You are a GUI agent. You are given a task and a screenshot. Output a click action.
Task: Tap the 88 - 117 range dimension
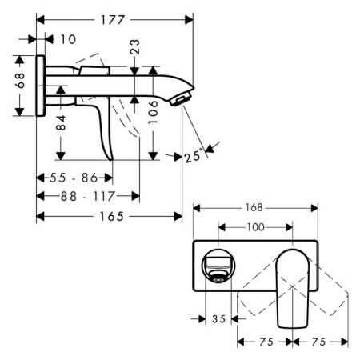tap(87, 195)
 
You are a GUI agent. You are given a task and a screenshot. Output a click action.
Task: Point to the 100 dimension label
tap(255, 227)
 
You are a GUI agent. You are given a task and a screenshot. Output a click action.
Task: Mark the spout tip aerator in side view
tap(183, 98)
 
